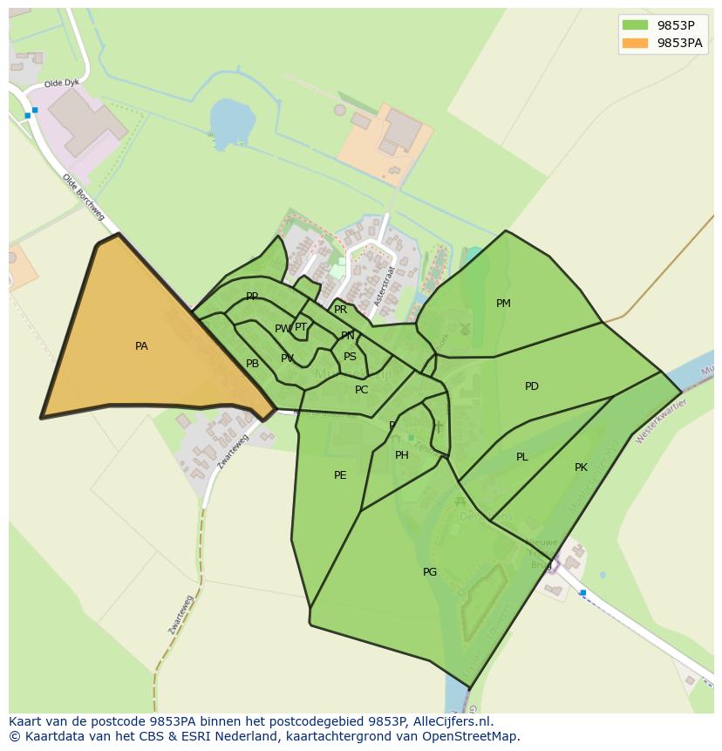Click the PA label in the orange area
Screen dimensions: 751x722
(x=141, y=346)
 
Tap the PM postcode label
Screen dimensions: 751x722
(x=503, y=304)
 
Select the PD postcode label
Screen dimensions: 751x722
(x=532, y=386)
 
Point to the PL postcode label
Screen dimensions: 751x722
(x=521, y=457)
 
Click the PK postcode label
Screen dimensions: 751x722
(x=581, y=468)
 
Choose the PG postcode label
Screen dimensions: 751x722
(x=430, y=572)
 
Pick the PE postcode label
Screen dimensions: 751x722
(x=340, y=475)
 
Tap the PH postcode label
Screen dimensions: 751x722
(x=402, y=455)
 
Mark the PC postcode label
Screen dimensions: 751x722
(x=362, y=390)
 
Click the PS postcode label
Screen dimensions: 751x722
(x=350, y=357)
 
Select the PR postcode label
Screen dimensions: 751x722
(x=341, y=310)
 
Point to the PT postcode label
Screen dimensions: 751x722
(x=301, y=327)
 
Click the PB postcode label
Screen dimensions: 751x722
(x=252, y=364)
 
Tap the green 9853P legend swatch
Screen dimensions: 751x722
(x=635, y=25)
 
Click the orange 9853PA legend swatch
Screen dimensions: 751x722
(x=635, y=43)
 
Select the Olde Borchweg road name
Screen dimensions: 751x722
(x=83, y=197)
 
